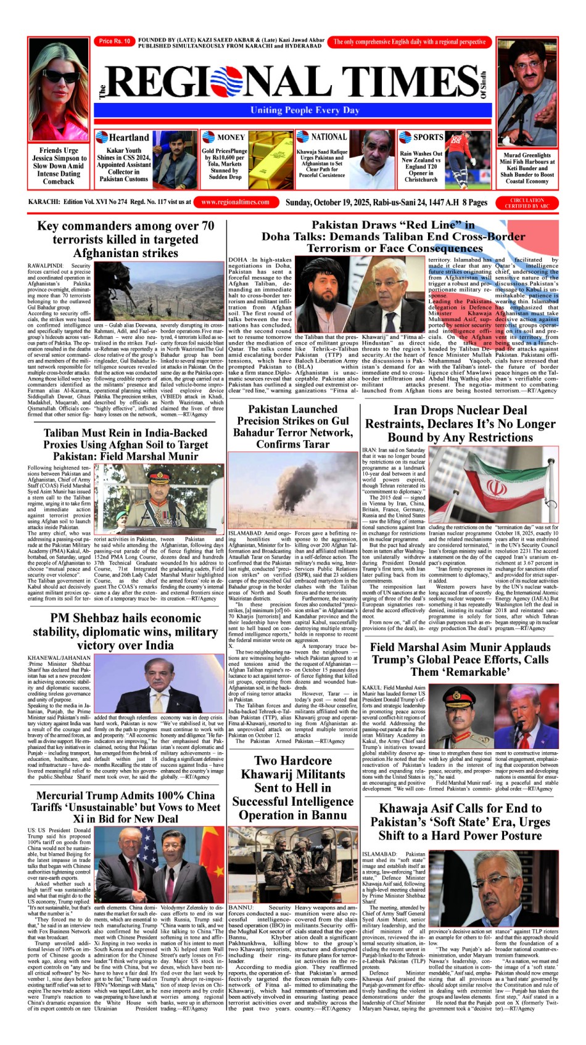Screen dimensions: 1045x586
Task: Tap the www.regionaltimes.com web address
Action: (x=235, y=202)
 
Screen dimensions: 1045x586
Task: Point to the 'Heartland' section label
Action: (x=128, y=137)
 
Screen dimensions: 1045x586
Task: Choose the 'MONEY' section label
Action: (x=231, y=137)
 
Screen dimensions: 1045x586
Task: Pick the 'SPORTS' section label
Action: (x=427, y=137)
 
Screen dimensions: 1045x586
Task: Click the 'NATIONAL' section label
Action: (x=328, y=137)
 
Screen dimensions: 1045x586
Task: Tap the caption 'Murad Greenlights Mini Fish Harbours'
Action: (x=527, y=162)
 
